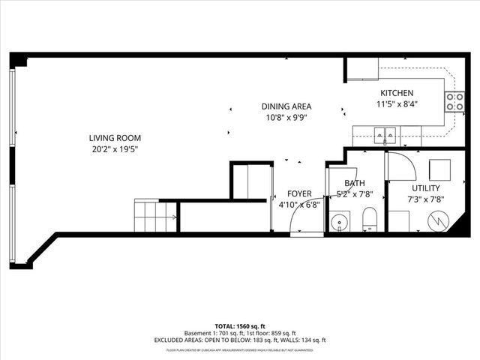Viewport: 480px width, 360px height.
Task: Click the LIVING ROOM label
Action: coord(115,138)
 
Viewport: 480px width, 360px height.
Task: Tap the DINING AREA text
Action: coord(286,106)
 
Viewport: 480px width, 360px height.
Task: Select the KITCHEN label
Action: coord(397,94)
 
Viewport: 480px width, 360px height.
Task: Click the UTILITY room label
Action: coord(425,188)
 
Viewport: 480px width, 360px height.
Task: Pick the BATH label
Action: coord(354,183)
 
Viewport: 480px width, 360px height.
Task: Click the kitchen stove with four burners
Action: coord(454,102)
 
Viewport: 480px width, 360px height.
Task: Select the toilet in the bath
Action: coord(369,220)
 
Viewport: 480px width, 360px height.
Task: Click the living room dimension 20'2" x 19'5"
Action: coord(115,148)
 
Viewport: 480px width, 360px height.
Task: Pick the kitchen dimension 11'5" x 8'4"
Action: coord(397,104)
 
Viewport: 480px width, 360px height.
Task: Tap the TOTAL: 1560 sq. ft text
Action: coord(240,327)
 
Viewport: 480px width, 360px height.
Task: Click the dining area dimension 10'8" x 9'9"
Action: coord(286,117)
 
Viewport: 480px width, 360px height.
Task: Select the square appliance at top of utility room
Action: coord(439,169)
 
